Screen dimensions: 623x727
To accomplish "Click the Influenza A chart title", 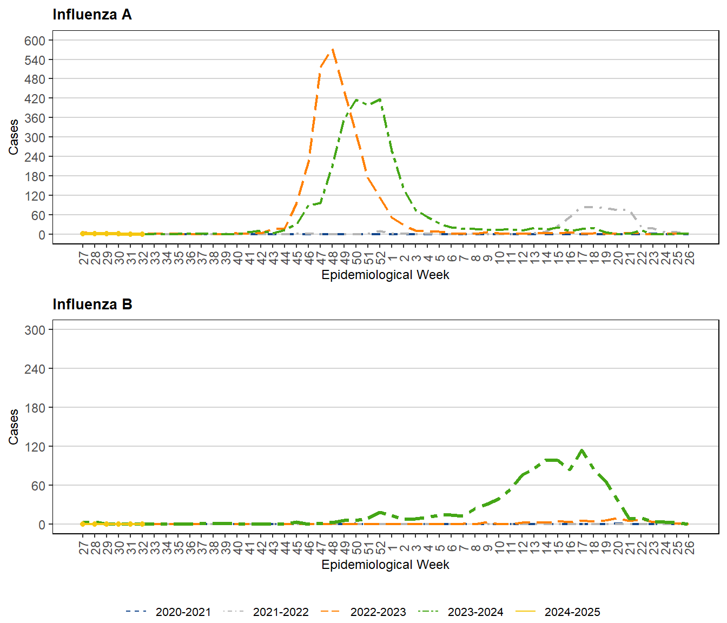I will tap(92, 15).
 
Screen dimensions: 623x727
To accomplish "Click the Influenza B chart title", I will tap(92, 304).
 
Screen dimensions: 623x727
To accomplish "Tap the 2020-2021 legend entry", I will tap(168, 612).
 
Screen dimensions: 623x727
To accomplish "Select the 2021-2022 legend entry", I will tap(265, 612).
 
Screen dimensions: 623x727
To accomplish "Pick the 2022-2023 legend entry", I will tap(362, 612).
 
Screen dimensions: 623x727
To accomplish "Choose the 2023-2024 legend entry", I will tap(460, 612).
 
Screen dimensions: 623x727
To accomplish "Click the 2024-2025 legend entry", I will tap(557, 612).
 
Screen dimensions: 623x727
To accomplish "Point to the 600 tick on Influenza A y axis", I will tap(35, 41).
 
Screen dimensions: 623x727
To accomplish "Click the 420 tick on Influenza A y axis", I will tap(35, 98).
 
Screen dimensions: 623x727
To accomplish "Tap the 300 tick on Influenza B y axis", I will tap(35, 330).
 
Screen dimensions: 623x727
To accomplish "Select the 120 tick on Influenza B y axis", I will tap(35, 447).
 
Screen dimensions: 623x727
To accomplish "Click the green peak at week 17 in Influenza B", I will tap(582, 450).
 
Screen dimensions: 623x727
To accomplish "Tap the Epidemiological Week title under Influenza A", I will tap(385, 275).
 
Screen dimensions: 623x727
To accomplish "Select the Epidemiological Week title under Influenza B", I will tap(385, 565).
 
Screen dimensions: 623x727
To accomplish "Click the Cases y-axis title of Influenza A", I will tap(14, 137).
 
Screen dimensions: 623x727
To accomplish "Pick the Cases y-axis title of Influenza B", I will tap(14, 427).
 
